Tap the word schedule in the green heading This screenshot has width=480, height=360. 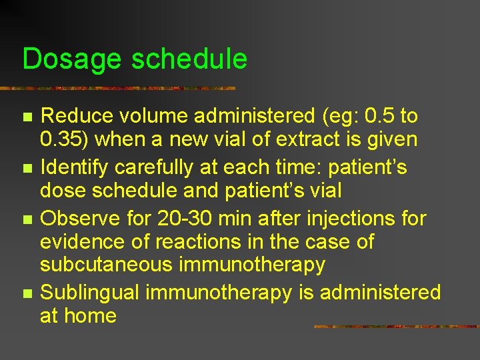point(189,59)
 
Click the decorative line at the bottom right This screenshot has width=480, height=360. point(396,327)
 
